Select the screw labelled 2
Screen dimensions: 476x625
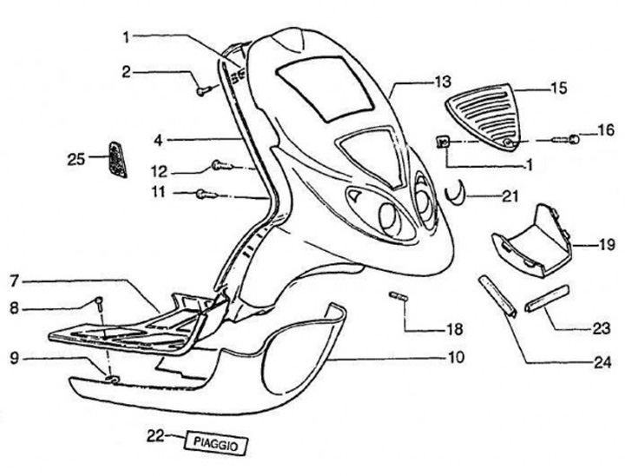[202, 89]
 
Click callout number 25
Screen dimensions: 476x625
[76, 157]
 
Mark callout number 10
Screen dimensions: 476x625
[456, 357]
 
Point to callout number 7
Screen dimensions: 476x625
[13, 282]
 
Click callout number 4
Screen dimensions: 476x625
[158, 137]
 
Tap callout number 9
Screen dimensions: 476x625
[13, 355]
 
